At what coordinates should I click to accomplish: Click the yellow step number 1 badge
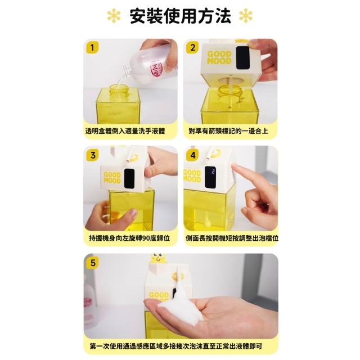[92, 47]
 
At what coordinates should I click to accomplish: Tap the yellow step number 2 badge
[192, 47]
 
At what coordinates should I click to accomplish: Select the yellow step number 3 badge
[92, 155]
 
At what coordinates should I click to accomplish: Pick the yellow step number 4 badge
[192, 155]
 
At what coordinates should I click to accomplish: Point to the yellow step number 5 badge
[92, 263]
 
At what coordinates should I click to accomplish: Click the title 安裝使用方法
[180, 16]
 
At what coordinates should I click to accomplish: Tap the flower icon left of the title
[114, 16]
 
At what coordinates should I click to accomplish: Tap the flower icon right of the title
[246, 16]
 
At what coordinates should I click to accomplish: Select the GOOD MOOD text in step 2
[219, 57]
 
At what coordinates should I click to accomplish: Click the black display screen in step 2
[242, 57]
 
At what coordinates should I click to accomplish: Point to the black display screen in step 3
[129, 178]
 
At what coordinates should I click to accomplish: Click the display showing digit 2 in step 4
[210, 177]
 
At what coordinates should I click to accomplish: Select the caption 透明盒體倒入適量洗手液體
[125, 131]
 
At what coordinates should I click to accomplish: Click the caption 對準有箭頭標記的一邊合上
[228, 131]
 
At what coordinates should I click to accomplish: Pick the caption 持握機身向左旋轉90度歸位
[129, 238]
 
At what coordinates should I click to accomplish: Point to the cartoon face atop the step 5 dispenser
[157, 258]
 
